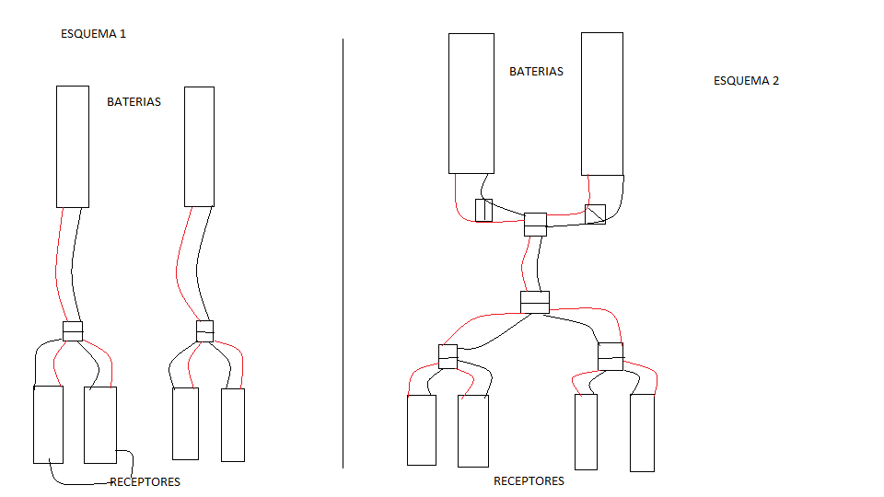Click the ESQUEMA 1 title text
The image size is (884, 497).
pos(94,34)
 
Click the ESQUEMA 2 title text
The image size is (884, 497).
pos(747,81)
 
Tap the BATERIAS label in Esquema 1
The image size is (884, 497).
pos(134,102)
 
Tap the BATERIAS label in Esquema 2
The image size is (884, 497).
pos(536,72)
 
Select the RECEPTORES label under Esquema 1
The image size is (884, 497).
pos(145,481)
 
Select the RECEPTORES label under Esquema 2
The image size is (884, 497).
pos(529,480)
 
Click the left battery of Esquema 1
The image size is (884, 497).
pos(73,146)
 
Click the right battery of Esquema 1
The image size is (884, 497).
pos(200,146)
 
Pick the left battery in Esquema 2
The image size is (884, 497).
pos(471,104)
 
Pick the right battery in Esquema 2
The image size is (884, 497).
pos(602,104)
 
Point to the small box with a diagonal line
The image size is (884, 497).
pos(596,214)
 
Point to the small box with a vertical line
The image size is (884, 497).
pos(483,210)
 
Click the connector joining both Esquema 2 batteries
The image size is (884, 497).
pos(536,225)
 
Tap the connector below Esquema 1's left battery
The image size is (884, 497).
pos(73,331)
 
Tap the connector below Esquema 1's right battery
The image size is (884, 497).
pos(205,331)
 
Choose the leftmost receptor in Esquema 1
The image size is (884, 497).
pos(49,424)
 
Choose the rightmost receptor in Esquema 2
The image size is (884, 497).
pos(642,433)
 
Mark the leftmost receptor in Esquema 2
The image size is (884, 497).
pos(422,430)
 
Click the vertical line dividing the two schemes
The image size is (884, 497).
pos(343,254)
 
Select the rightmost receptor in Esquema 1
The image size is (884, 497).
pos(233,425)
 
